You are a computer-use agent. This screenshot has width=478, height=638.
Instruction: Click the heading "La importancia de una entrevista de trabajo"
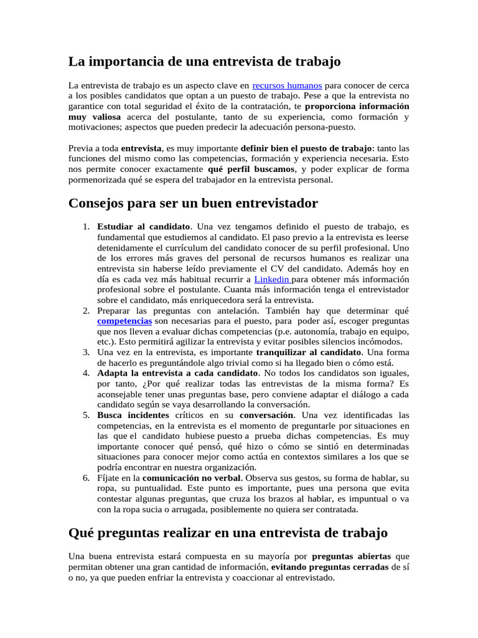[x=204, y=62]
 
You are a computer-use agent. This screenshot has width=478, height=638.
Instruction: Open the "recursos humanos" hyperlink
[x=287, y=85]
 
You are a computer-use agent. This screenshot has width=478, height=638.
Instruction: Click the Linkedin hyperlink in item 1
[x=272, y=279]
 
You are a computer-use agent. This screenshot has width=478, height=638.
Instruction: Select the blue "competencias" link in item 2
[x=124, y=320]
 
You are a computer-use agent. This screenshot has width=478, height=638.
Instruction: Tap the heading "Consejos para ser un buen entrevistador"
[x=193, y=204]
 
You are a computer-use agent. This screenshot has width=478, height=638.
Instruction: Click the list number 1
[x=87, y=226]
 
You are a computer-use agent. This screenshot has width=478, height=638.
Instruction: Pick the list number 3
[x=87, y=352]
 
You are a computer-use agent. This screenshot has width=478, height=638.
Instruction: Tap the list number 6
[x=87, y=478]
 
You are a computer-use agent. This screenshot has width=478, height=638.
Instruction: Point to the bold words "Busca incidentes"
[x=133, y=415]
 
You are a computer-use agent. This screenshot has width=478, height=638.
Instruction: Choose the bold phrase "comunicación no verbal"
[x=195, y=478]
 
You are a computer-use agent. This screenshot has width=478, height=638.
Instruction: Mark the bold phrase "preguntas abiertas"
[x=352, y=556]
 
